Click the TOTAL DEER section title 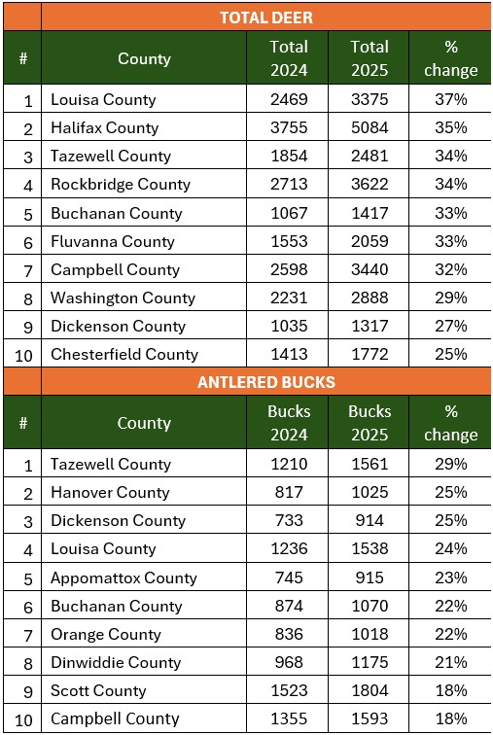(266, 17)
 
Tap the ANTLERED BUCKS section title (266, 382)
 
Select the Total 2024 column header (289, 58)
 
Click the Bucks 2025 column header (370, 423)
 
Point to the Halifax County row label (104, 127)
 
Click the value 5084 (370, 127)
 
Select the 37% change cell (450, 99)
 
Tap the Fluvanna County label (113, 241)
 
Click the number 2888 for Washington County (370, 297)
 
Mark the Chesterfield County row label (124, 354)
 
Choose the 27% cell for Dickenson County (450, 326)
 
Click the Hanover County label (110, 492)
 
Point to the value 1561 (370, 464)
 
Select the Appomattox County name (123, 577)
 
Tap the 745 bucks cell (289, 577)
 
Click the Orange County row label (105, 634)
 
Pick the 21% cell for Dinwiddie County (450, 662)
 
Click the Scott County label (98, 691)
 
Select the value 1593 (370, 718)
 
